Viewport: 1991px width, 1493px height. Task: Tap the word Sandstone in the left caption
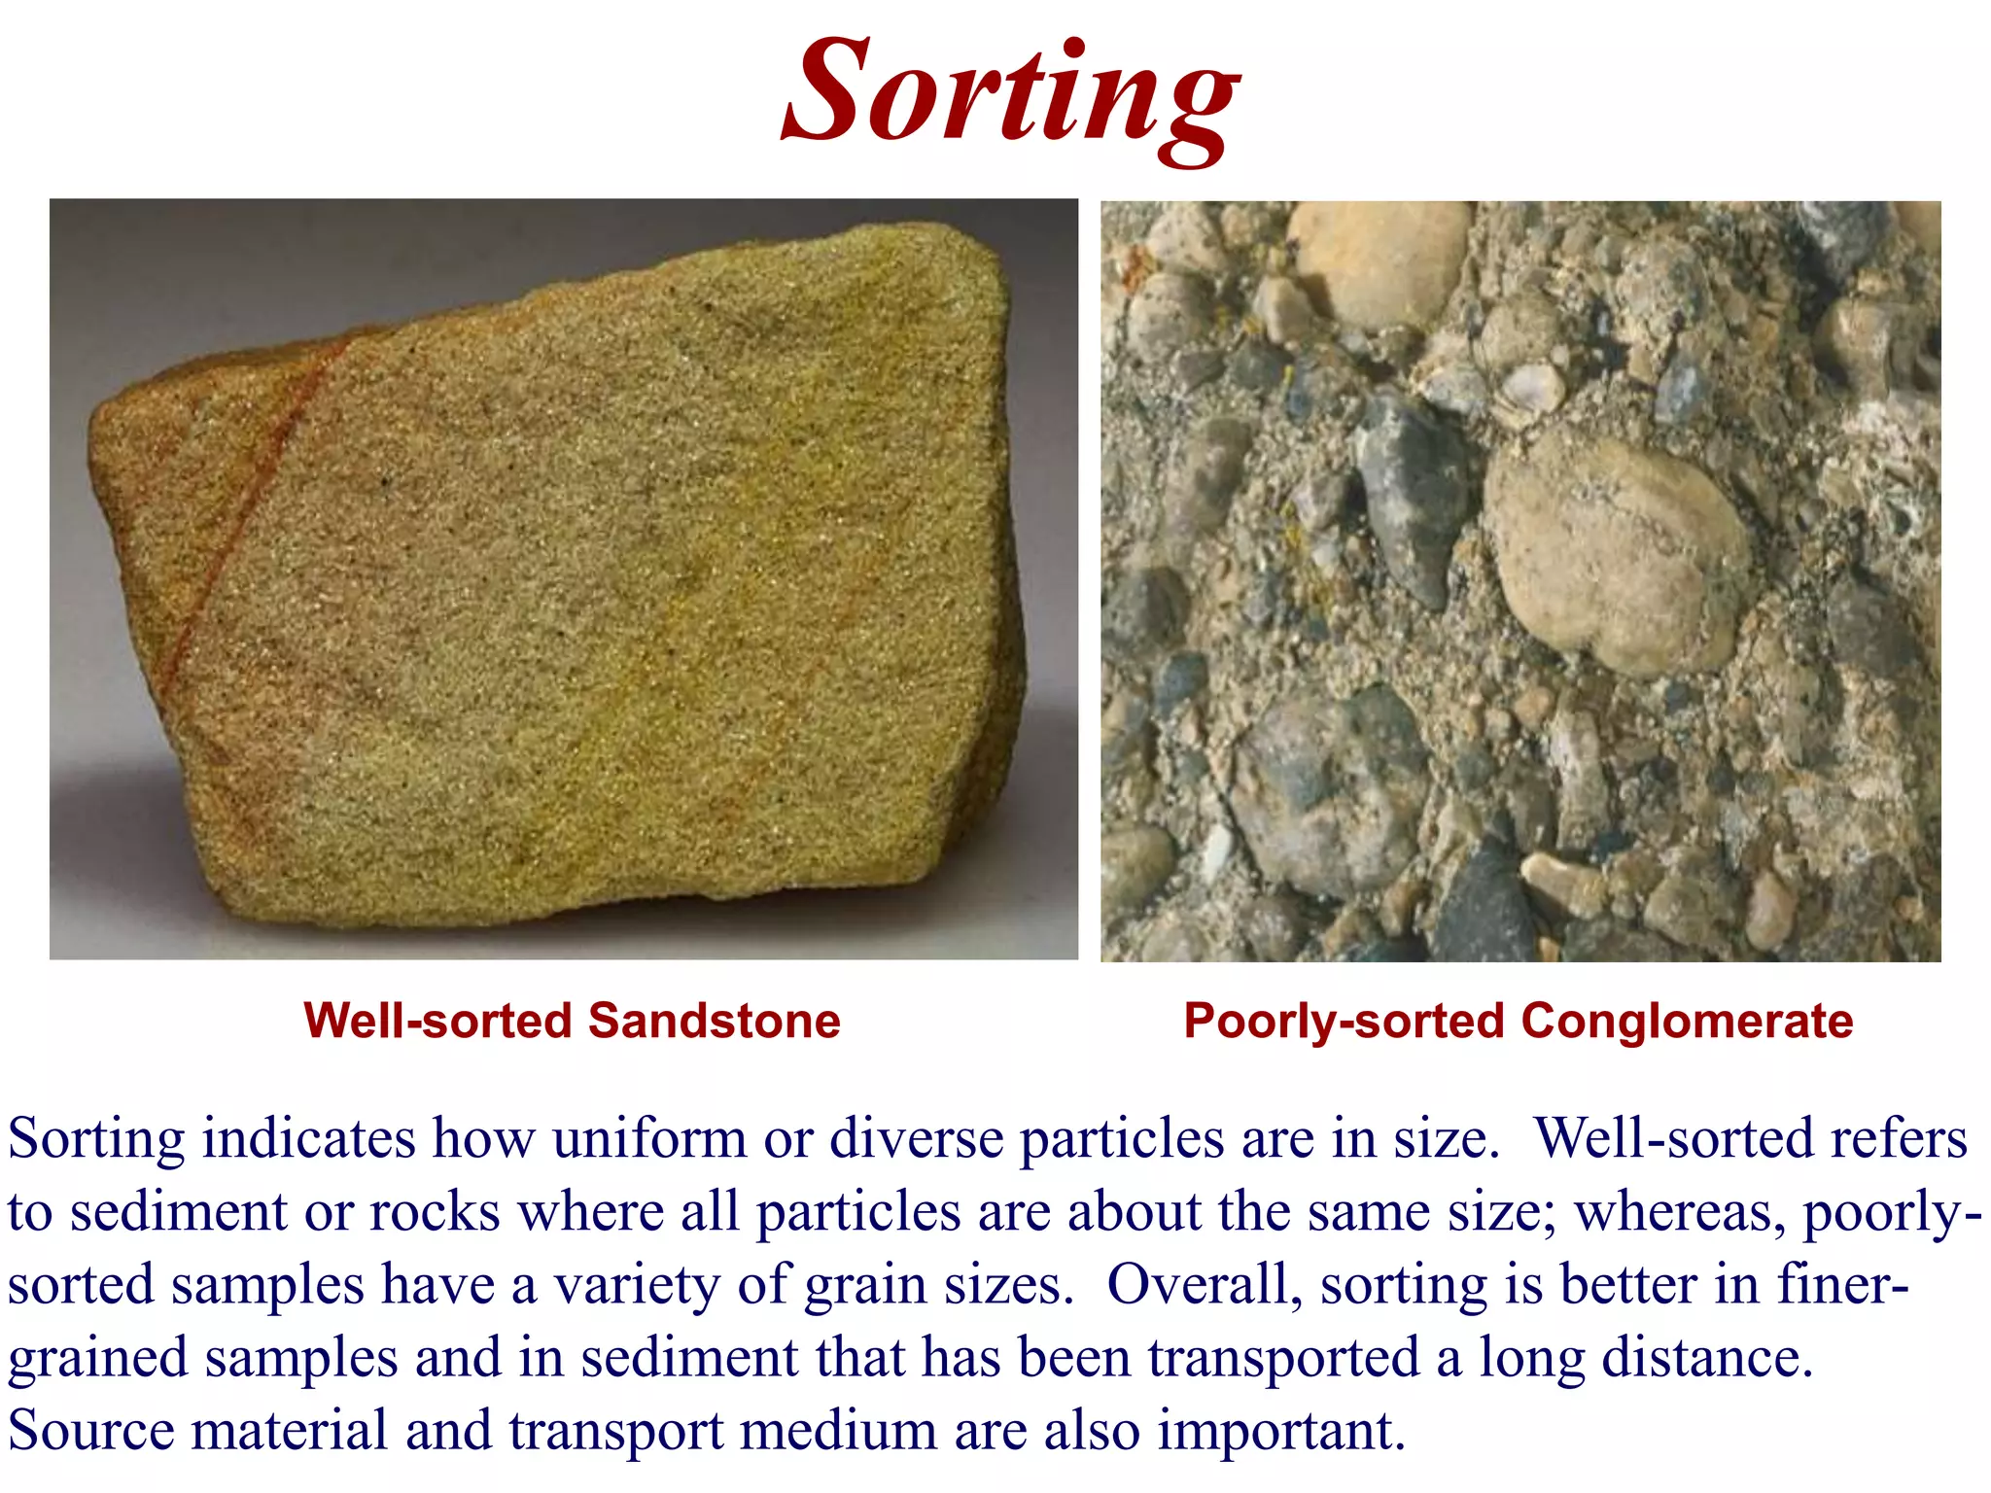[x=714, y=1021]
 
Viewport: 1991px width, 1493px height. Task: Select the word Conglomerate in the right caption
[x=1686, y=1022]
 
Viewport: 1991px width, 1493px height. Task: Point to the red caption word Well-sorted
[x=437, y=1021]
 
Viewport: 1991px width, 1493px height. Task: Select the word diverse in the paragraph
[x=915, y=1138]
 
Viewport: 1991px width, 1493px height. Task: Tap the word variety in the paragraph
[x=637, y=1284]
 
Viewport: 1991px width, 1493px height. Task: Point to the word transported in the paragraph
[x=1284, y=1357]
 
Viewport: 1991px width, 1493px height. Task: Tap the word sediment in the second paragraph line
[x=179, y=1212]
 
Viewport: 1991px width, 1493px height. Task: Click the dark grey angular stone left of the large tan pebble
[x=1410, y=496]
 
